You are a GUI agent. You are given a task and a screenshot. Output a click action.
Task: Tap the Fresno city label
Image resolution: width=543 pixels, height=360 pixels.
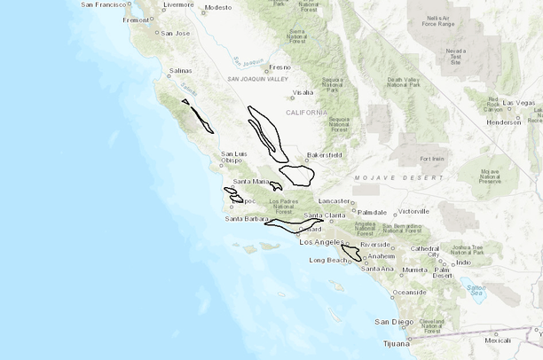(x=279, y=67)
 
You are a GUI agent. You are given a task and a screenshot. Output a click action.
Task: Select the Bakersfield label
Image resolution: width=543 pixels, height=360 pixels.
(x=324, y=154)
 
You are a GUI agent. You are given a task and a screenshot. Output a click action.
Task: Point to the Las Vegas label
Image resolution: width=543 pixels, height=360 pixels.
(x=518, y=103)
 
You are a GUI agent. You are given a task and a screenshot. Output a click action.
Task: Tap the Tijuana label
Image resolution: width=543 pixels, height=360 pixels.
(x=388, y=341)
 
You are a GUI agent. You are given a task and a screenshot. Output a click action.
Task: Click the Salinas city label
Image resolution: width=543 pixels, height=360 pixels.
(x=180, y=70)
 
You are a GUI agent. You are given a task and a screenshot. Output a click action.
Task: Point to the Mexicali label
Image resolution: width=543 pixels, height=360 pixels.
(x=498, y=340)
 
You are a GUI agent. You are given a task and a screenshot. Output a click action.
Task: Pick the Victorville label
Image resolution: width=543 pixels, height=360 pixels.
(x=413, y=212)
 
